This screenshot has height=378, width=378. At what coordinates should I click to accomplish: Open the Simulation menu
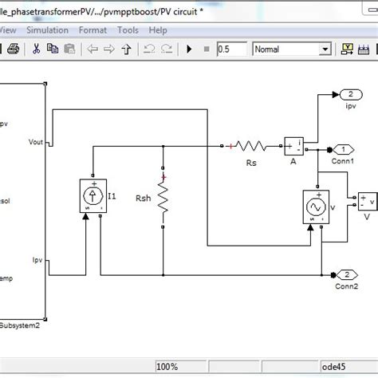coord(47,30)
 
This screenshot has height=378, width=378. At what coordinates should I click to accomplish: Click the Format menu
coord(93,30)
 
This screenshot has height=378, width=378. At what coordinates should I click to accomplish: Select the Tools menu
coord(128,30)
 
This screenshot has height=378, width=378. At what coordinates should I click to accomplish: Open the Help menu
coord(158,30)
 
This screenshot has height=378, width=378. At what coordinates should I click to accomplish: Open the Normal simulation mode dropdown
coord(290,49)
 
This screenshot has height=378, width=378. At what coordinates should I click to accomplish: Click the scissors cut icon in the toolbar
coord(37,49)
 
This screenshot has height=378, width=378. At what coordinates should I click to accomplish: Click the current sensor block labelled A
coord(294,146)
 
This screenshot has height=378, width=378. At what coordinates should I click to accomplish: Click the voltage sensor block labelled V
coord(367,200)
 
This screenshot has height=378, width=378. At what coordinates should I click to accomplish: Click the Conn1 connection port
coord(343,149)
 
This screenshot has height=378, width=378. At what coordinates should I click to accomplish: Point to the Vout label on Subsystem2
coord(35,143)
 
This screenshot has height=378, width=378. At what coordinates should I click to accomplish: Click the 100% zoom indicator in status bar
coord(166,367)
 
